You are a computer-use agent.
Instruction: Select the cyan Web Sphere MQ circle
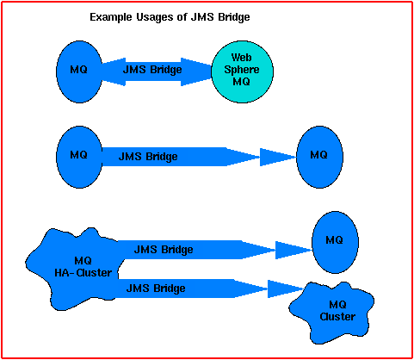[242, 70]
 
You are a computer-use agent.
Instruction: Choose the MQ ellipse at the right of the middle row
[318, 155]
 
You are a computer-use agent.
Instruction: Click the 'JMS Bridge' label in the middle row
[148, 157]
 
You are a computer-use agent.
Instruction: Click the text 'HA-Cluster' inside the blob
[84, 273]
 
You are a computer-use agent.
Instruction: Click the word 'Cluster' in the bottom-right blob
[337, 316]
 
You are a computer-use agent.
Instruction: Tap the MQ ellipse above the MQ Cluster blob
[335, 240]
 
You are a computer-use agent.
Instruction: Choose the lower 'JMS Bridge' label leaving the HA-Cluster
[156, 288]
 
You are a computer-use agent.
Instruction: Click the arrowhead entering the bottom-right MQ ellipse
[294, 251]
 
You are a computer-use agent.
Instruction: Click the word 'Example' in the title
[110, 17]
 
